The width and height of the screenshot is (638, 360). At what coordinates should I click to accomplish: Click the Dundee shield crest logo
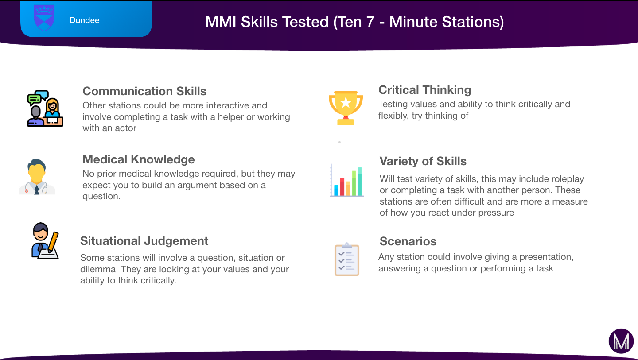tap(44, 18)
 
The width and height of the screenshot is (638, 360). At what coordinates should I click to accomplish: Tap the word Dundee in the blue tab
tap(84, 20)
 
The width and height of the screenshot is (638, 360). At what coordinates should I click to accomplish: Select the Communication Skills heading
tap(144, 91)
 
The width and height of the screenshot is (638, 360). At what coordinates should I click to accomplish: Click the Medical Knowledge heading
tap(138, 159)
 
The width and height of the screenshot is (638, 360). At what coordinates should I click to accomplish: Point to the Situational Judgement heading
tap(144, 241)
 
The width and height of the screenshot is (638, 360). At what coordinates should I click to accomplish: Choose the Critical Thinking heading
tap(424, 90)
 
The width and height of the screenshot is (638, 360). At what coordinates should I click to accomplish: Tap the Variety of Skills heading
tap(423, 161)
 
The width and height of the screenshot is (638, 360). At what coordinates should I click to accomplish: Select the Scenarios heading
tap(408, 241)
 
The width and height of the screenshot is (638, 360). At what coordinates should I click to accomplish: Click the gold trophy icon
tap(346, 108)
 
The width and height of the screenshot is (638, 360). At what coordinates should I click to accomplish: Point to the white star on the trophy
tap(346, 102)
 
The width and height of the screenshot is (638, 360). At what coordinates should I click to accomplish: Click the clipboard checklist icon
tap(346, 259)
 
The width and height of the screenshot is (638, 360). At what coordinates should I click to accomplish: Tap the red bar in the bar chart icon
tap(342, 187)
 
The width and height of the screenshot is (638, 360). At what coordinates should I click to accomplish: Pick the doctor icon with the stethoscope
tap(37, 176)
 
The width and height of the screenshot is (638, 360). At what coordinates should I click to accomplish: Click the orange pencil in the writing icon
tap(53, 242)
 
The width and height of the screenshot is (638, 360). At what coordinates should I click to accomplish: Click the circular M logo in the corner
tap(621, 341)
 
